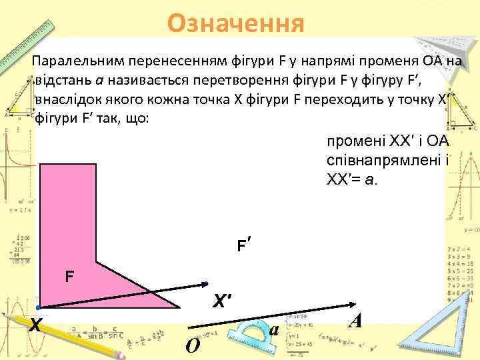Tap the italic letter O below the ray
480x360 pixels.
pyautogui.click(x=191, y=346)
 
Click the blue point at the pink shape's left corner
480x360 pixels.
pyautogui.click(x=39, y=307)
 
